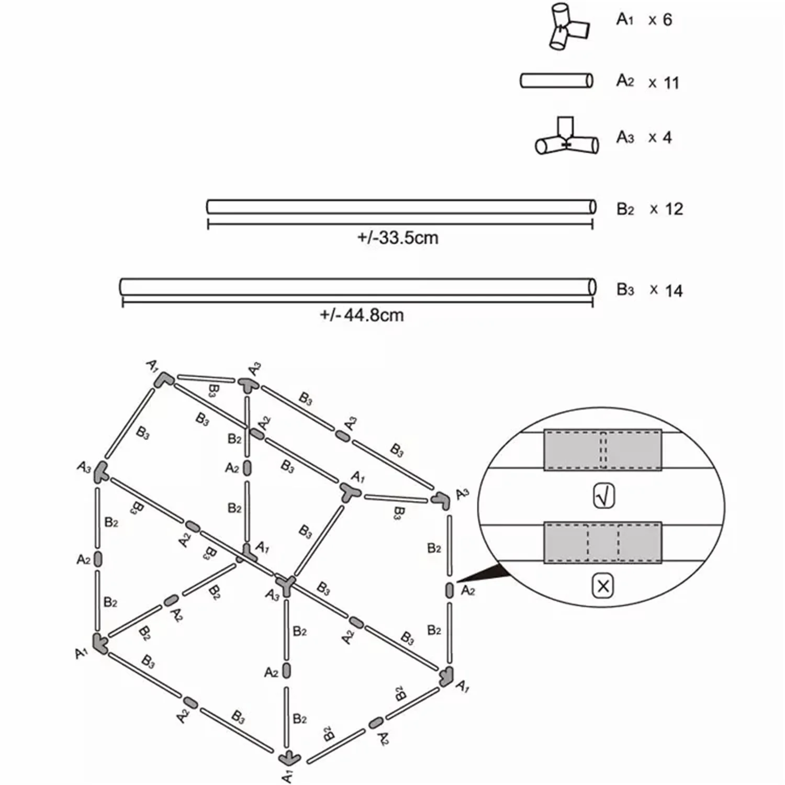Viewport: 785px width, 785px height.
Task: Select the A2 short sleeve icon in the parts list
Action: pyautogui.click(x=556, y=81)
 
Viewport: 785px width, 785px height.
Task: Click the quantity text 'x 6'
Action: pyautogui.click(x=660, y=20)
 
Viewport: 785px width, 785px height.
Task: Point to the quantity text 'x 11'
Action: pyautogui.click(x=663, y=83)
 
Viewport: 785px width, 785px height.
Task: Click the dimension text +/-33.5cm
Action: pyautogui.click(x=398, y=238)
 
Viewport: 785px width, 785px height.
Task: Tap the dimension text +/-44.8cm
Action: pyautogui.click(x=362, y=315)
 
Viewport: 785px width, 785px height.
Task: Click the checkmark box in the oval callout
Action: pyautogui.click(x=603, y=496)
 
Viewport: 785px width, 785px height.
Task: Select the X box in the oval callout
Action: pyautogui.click(x=603, y=586)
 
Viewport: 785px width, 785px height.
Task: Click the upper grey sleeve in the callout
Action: pyautogui.click(x=603, y=450)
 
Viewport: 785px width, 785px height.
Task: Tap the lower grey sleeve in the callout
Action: pyautogui.click(x=603, y=543)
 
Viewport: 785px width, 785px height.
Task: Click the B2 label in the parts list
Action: pyautogui.click(x=625, y=209)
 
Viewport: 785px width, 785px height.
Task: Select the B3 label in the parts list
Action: pyautogui.click(x=625, y=290)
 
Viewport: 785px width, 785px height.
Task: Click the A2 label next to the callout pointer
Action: pyautogui.click(x=467, y=591)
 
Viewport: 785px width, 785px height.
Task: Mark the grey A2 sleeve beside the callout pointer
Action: pyautogui.click(x=450, y=590)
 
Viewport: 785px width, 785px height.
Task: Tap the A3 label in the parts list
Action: pyautogui.click(x=625, y=137)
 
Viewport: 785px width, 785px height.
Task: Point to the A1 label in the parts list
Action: pyautogui.click(x=624, y=20)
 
